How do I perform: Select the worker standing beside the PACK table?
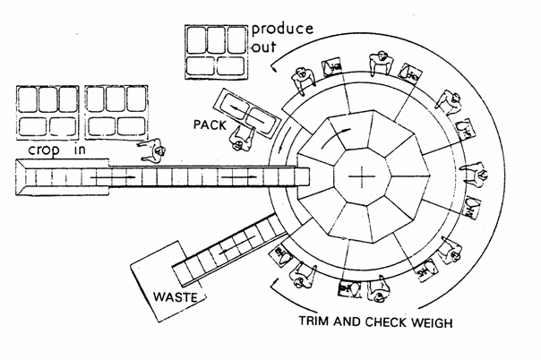point(239,134)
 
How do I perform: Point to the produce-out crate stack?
point(214,50)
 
